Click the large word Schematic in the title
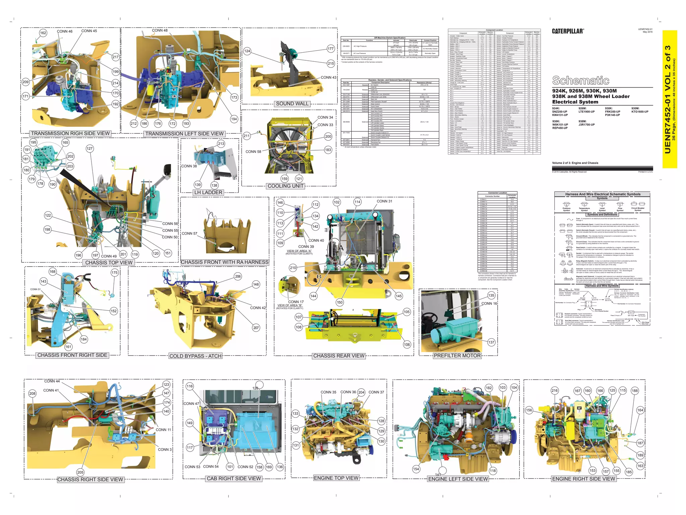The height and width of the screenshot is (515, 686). click(x=580, y=80)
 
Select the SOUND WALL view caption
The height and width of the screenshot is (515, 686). click(x=292, y=104)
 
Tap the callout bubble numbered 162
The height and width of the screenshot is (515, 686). click(x=43, y=33)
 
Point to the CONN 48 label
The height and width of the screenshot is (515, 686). click(x=160, y=31)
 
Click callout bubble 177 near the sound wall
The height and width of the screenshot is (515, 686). click(x=331, y=49)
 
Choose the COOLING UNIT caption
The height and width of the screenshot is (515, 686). click(x=285, y=186)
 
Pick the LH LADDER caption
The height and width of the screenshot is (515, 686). click(x=208, y=192)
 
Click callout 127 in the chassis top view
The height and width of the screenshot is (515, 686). click(x=89, y=149)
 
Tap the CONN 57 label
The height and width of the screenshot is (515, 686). click(x=189, y=233)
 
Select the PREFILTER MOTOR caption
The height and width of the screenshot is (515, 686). click(x=457, y=356)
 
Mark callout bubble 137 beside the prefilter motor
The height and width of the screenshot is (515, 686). click(x=491, y=342)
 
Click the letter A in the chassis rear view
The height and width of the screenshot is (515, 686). click(x=341, y=248)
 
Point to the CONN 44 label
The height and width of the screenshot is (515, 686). click(x=52, y=381)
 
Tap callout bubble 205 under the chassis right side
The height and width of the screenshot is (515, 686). click(x=80, y=472)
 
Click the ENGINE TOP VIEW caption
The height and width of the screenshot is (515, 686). click(x=336, y=478)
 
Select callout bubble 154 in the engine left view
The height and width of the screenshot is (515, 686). click(x=416, y=469)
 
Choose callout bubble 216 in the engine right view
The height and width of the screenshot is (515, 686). click(x=555, y=391)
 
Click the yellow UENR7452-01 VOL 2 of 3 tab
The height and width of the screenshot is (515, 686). click(x=670, y=99)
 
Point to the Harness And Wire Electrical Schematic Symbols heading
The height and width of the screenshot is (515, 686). click(x=603, y=194)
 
